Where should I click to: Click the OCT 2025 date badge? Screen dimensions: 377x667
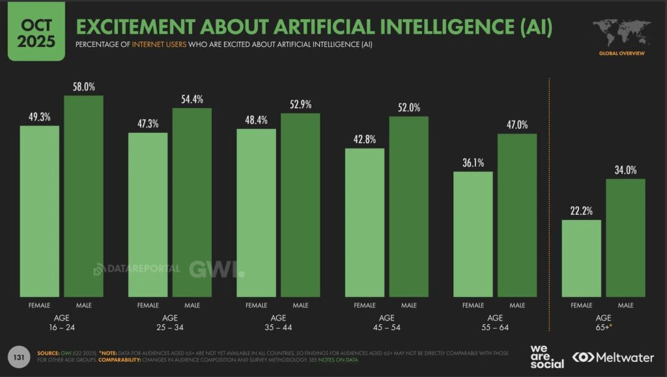click(x=36, y=32)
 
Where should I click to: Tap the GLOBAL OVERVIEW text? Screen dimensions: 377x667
click(x=622, y=53)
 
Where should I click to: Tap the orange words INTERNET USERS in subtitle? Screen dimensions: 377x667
click(x=159, y=44)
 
